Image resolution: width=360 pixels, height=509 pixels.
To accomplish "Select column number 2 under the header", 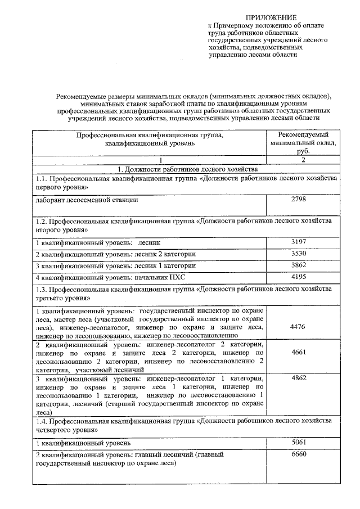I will pos(303,160).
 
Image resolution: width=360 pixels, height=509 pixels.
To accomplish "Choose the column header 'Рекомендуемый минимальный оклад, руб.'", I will pos(303,143).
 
